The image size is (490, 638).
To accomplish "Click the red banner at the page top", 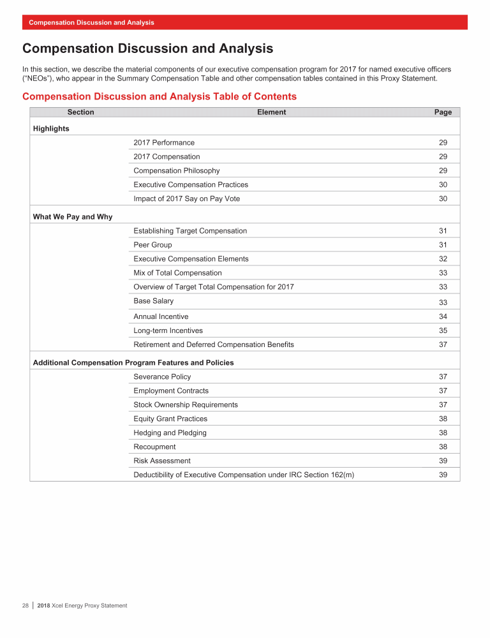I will pos(245,22).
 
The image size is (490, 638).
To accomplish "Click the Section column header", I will pos(80,112).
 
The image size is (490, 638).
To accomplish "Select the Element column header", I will pos(271,112).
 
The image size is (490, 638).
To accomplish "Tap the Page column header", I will pos(443,112).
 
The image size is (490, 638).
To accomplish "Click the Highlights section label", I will pos(51,128).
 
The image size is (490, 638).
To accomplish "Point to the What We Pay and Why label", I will pos(72,217).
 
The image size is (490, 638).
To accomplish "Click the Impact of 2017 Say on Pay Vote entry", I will pos(186,198).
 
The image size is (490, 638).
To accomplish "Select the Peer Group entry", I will pos(152,245).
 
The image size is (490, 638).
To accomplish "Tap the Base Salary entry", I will pos(153,300).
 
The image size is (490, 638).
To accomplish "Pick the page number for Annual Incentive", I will pos(443,316).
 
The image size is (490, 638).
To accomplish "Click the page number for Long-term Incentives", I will pos(443,330).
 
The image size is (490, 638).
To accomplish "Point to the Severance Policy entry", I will pos(162,376).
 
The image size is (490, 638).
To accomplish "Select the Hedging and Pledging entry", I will pos(170,433).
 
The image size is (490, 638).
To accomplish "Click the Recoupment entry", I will pos(154,447).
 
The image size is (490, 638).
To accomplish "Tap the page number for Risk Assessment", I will pos(443,461).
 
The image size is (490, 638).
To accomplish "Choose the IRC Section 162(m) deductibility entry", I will pos(244,475).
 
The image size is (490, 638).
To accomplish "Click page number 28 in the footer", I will pos(26,605).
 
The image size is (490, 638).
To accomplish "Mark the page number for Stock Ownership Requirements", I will pos(443,404).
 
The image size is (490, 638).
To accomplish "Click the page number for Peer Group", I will pos(443,245).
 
